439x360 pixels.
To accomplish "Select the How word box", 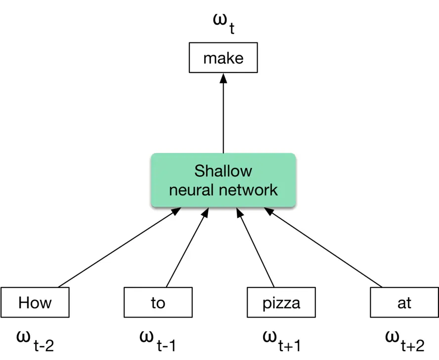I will [35, 302].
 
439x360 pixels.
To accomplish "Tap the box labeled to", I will [158, 302].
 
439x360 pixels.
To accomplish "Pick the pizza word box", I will [281, 302].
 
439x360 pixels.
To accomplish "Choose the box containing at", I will [404, 302].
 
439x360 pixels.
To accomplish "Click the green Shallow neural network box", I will [223, 180].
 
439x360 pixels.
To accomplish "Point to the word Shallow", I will [223, 171].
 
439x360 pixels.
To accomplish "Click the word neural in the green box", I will [194, 190].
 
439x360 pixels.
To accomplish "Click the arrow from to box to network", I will [187, 248].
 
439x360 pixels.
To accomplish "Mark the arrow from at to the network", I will [324, 248].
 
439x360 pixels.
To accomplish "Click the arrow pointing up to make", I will [223, 114].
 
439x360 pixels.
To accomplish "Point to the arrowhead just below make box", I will [223, 78].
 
